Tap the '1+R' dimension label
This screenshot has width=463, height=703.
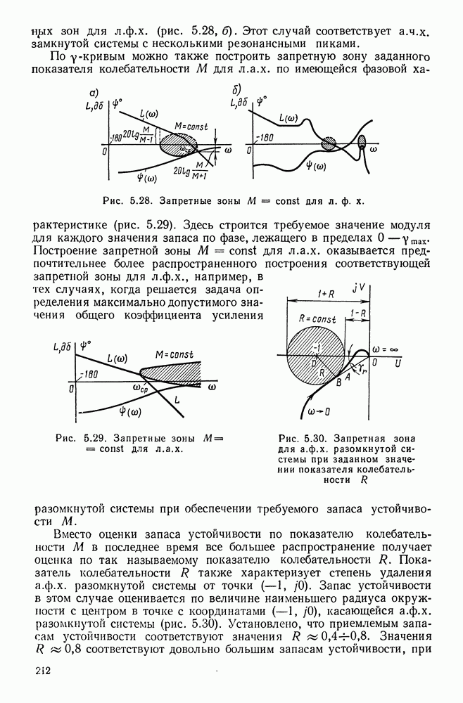tap(326, 293)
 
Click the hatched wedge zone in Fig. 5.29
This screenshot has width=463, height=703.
tap(172, 369)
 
